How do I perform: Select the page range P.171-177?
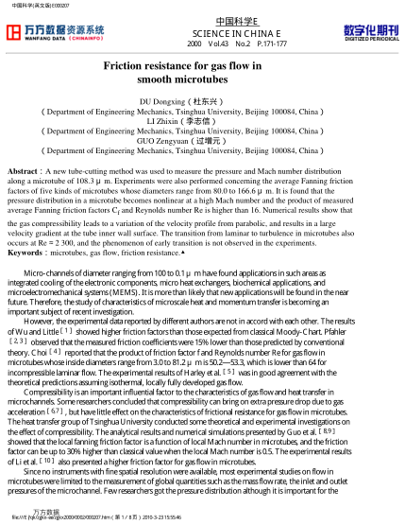pyautogui.click(x=270, y=44)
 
